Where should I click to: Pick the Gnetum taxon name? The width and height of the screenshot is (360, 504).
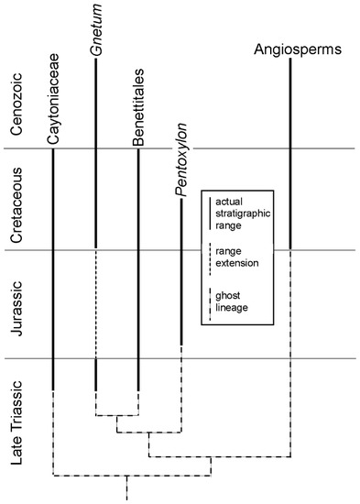point(96,57)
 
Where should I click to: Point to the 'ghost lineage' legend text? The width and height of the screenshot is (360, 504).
point(238,306)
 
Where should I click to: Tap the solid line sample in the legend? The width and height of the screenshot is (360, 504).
point(211,212)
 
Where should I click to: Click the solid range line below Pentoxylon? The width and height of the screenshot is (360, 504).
point(181,275)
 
